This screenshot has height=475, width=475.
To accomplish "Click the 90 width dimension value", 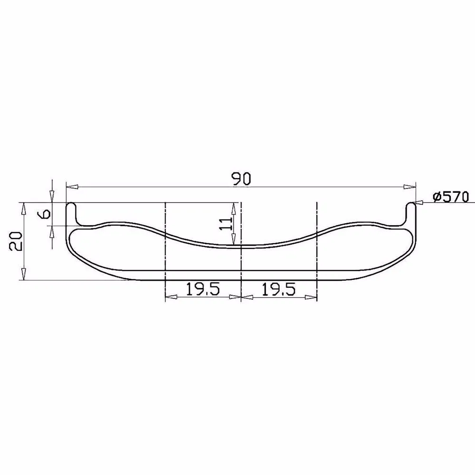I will click(241, 179).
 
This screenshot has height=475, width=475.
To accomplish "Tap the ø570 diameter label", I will click(450, 196).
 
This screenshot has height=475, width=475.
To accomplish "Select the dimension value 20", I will click(15, 242).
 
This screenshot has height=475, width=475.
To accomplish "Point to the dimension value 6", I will click(46, 213).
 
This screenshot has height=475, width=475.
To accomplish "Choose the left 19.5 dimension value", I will click(202, 289).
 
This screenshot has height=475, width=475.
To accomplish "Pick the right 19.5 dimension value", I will click(278, 289).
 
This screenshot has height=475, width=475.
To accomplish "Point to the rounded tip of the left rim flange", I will click(71, 205).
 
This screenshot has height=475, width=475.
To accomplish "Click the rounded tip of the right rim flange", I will click(411, 205).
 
